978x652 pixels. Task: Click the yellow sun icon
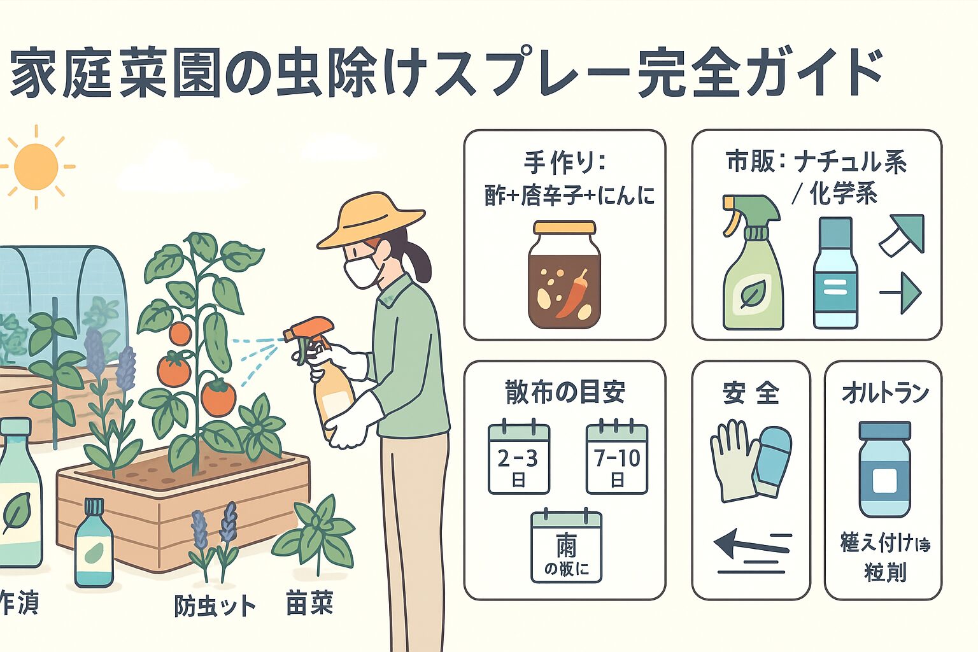coord(36,167)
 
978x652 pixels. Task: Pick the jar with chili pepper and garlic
coord(564,274)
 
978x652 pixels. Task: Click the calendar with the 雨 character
coord(566,547)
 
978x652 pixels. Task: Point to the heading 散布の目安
coord(565,392)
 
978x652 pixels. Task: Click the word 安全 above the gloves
coord(751,393)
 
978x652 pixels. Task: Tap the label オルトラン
coord(884,393)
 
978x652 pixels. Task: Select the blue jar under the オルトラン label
coord(884,469)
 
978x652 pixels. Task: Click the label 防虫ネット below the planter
coord(215,606)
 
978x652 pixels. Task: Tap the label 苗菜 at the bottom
coord(310,603)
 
